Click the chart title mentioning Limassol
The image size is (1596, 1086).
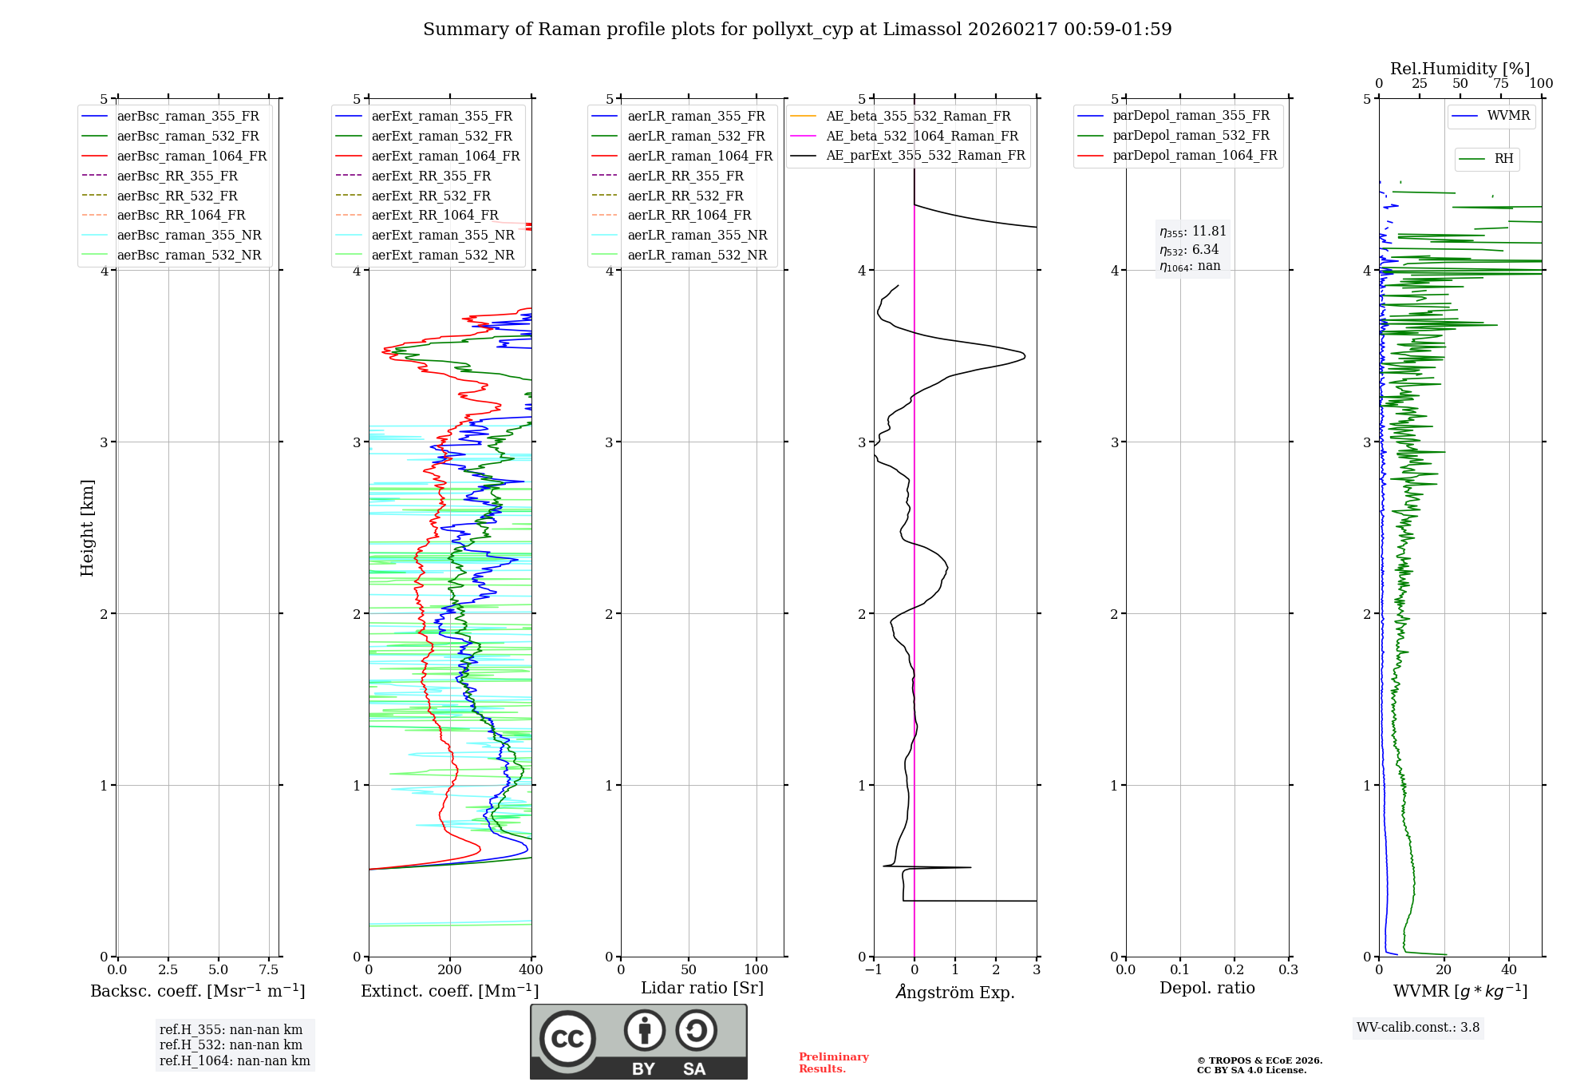point(797,30)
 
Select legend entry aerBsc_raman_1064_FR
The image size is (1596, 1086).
point(192,156)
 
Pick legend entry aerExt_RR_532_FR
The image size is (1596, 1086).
point(431,196)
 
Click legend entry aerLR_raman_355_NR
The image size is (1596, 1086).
point(697,235)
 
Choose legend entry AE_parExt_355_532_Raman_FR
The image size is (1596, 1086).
point(925,155)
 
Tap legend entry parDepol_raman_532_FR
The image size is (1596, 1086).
point(1191,136)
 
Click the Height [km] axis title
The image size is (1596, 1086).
point(87,528)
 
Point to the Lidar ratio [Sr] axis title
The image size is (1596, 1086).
point(702,988)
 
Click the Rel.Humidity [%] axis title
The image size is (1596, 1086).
point(1460,69)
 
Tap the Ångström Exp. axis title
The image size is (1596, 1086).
point(955,993)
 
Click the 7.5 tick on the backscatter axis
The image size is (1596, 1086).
point(269,970)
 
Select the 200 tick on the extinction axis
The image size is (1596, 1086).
point(450,970)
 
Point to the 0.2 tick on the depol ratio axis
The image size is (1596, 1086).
point(1235,970)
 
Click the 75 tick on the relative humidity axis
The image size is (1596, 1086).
point(1501,84)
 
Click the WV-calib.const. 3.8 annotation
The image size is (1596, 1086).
point(1418,1028)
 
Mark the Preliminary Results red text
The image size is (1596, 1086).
point(833,1063)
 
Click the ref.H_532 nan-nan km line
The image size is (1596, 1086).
point(231,1045)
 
